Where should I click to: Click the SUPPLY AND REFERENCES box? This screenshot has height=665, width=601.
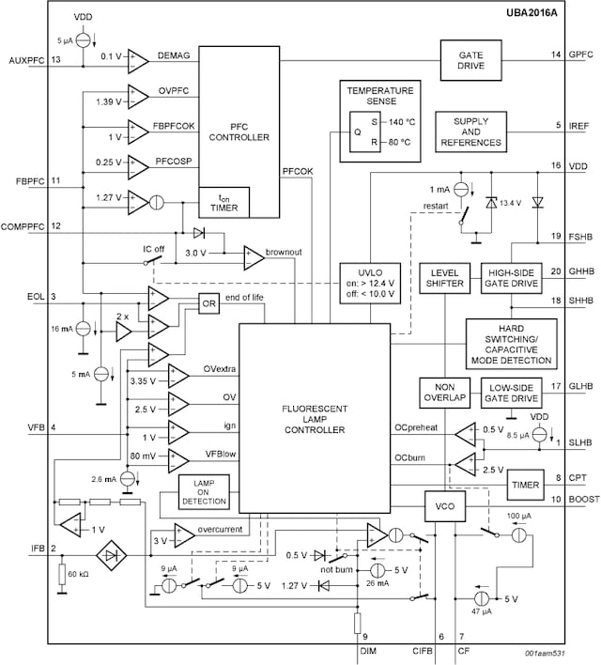[x=470, y=131]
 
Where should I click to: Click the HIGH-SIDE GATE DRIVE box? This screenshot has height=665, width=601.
[x=511, y=277]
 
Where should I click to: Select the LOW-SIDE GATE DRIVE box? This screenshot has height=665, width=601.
[x=511, y=391]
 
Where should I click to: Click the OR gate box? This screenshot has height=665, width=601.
[x=208, y=302]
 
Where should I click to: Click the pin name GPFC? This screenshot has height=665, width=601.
[x=582, y=54]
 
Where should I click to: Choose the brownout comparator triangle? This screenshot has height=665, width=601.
[x=253, y=255]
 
